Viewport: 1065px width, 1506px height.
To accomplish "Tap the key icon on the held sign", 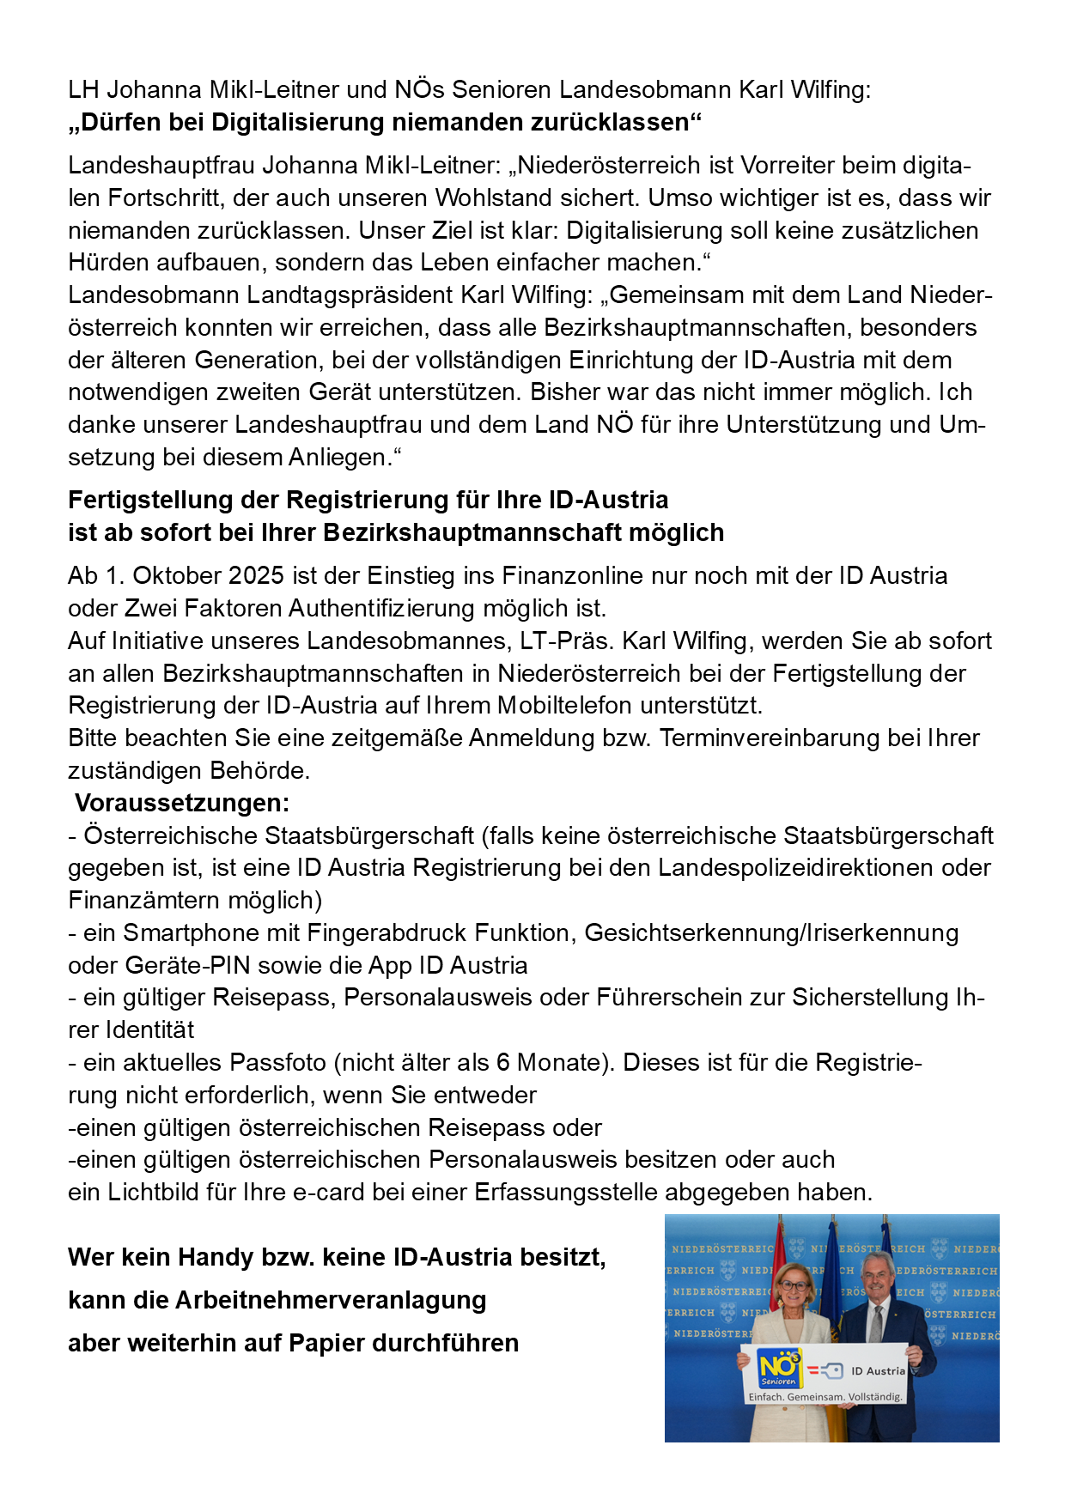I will (x=831, y=1371).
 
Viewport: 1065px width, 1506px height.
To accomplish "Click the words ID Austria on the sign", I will (x=878, y=1371).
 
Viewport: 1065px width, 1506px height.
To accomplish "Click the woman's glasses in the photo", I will (x=794, y=1285).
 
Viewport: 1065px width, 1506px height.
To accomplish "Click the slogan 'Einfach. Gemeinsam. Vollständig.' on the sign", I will (x=825, y=1397).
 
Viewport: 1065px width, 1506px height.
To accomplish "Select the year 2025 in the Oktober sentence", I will (x=257, y=575).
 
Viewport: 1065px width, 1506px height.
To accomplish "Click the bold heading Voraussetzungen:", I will (x=182, y=803).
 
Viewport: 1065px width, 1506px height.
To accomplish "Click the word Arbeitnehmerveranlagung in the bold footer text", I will (x=331, y=1300).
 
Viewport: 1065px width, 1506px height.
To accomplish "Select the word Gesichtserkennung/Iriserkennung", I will (x=771, y=932).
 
